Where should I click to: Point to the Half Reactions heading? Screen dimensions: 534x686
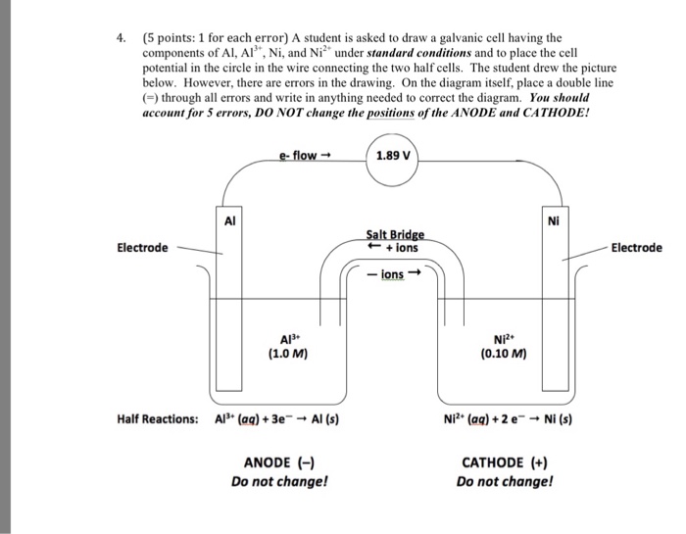click(x=157, y=418)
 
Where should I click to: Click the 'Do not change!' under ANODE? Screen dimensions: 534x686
click(x=279, y=481)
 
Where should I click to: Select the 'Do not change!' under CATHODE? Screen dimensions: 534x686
click(x=505, y=481)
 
